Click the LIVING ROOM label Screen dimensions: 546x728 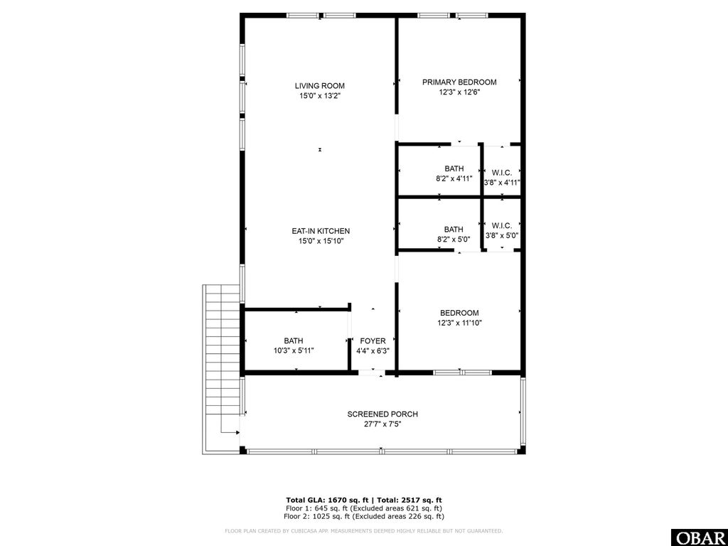(x=320, y=86)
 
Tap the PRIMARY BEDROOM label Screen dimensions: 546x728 (x=459, y=82)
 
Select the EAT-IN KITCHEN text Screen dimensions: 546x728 (x=320, y=231)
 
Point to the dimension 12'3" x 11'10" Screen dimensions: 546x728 (x=459, y=323)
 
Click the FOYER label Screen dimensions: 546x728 (x=373, y=341)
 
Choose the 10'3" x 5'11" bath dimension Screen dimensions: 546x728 (x=294, y=350)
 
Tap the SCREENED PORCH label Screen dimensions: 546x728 (x=382, y=414)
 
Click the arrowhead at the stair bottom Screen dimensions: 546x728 (x=236, y=432)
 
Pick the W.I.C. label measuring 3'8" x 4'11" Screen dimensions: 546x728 (x=502, y=173)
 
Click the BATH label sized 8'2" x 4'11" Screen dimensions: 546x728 (x=454, y=168)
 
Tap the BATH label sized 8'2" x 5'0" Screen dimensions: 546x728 (x=454, y=229)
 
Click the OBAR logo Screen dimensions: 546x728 (x=699, y=537)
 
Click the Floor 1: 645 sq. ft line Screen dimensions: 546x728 (x=363, y=508)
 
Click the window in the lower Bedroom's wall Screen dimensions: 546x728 (x=459, y=372)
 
